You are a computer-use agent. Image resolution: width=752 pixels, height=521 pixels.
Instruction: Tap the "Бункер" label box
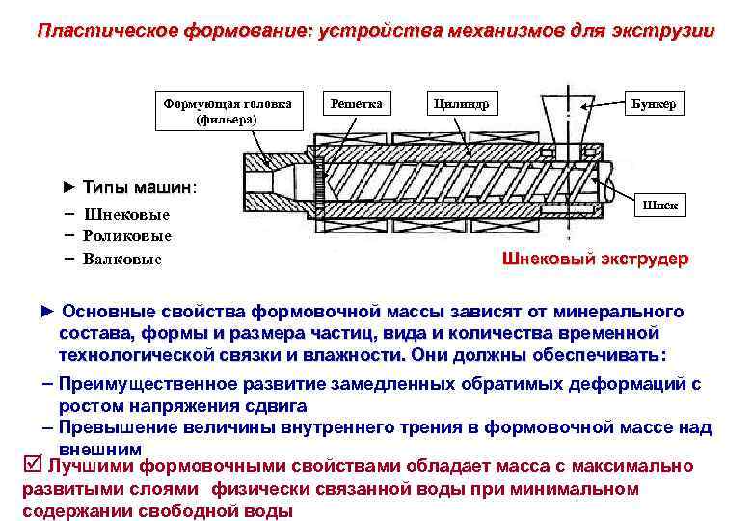tap(658, 103)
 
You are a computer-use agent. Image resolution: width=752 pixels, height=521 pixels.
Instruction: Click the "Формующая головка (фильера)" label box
tap(228, 111)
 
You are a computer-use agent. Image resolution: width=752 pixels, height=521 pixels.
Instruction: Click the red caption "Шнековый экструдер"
tap(596, 260)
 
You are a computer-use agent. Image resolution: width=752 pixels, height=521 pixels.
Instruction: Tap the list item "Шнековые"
tap(126, 214)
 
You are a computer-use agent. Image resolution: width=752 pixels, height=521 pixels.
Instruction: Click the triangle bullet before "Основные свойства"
tap(49, 312)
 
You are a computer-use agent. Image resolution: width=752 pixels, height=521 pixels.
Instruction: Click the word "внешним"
tap(100, 449)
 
